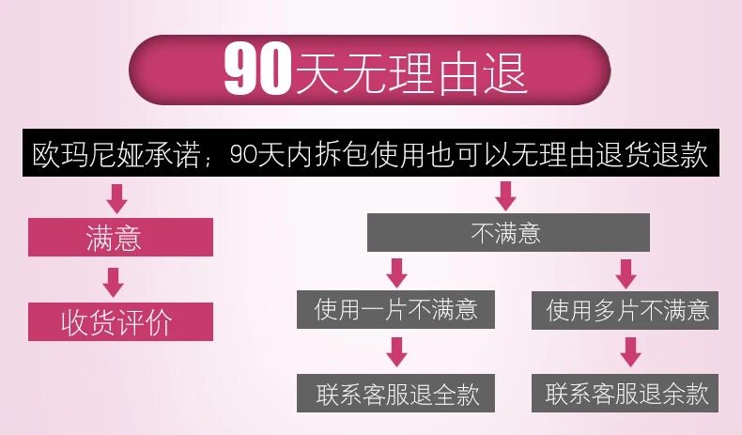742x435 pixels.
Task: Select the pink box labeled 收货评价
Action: tap(117, 322)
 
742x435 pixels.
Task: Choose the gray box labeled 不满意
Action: tap(506, 232)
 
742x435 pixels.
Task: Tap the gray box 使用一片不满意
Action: tap(395, 309)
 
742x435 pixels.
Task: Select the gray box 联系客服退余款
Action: tap(626, 393)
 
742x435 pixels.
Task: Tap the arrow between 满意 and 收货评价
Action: tap(114, 281)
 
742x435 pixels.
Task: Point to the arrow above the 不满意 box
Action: tap(506, 195)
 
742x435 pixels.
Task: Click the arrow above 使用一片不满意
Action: tap(397, 272)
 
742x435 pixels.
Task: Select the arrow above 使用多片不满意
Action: tap(626, 272)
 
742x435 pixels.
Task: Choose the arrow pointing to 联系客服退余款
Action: tap(630, 351)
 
